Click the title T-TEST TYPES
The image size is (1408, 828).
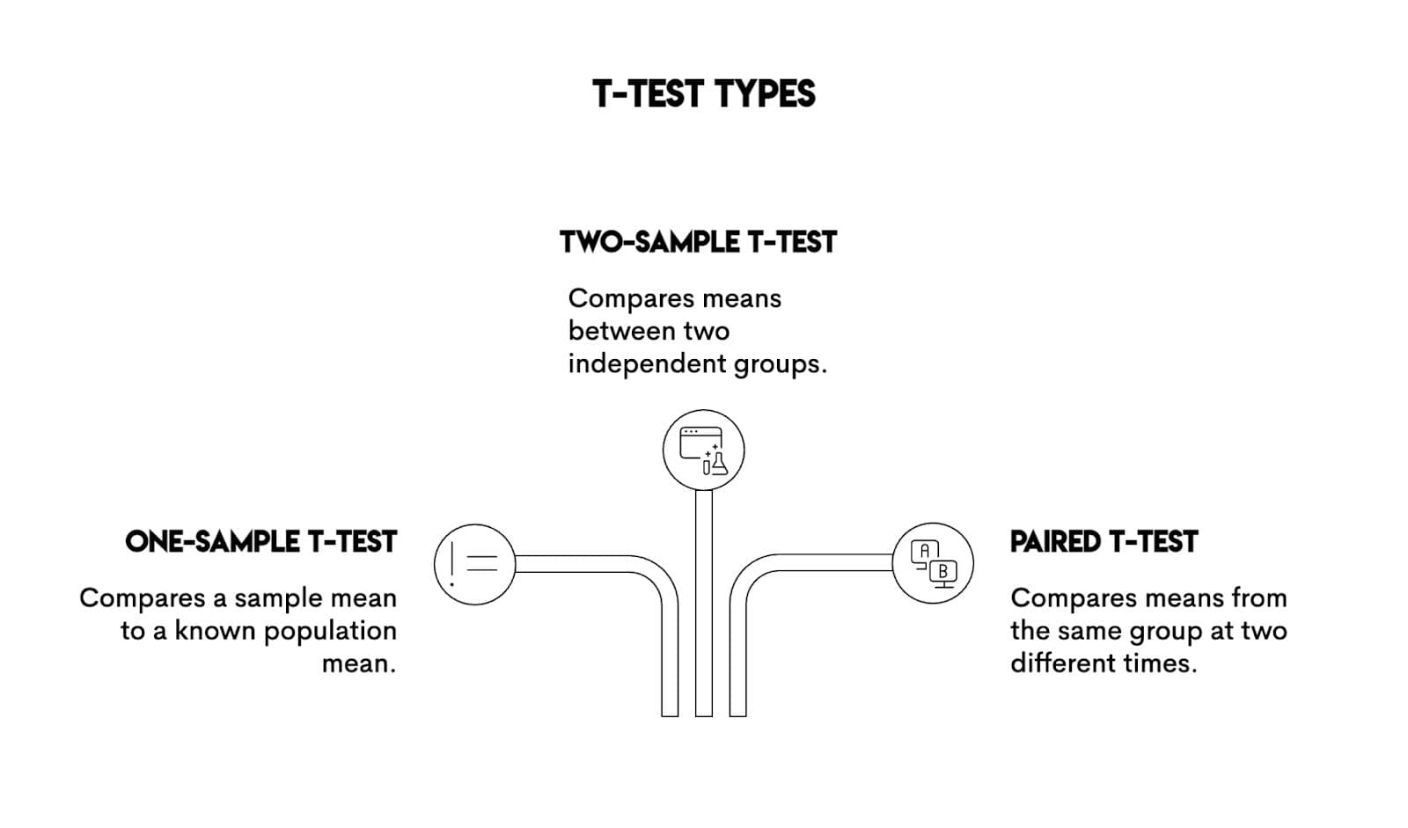point(703,94)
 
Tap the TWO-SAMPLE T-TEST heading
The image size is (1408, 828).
point(698,242)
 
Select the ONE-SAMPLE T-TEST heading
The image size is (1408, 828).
point(260,541)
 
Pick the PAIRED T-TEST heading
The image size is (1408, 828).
point(1104,541)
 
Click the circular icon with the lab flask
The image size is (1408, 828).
point(703,451)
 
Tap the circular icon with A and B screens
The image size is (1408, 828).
point(933,563)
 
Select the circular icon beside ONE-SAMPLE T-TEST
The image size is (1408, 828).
point(474,564)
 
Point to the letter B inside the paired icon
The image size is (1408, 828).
point(943,572)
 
